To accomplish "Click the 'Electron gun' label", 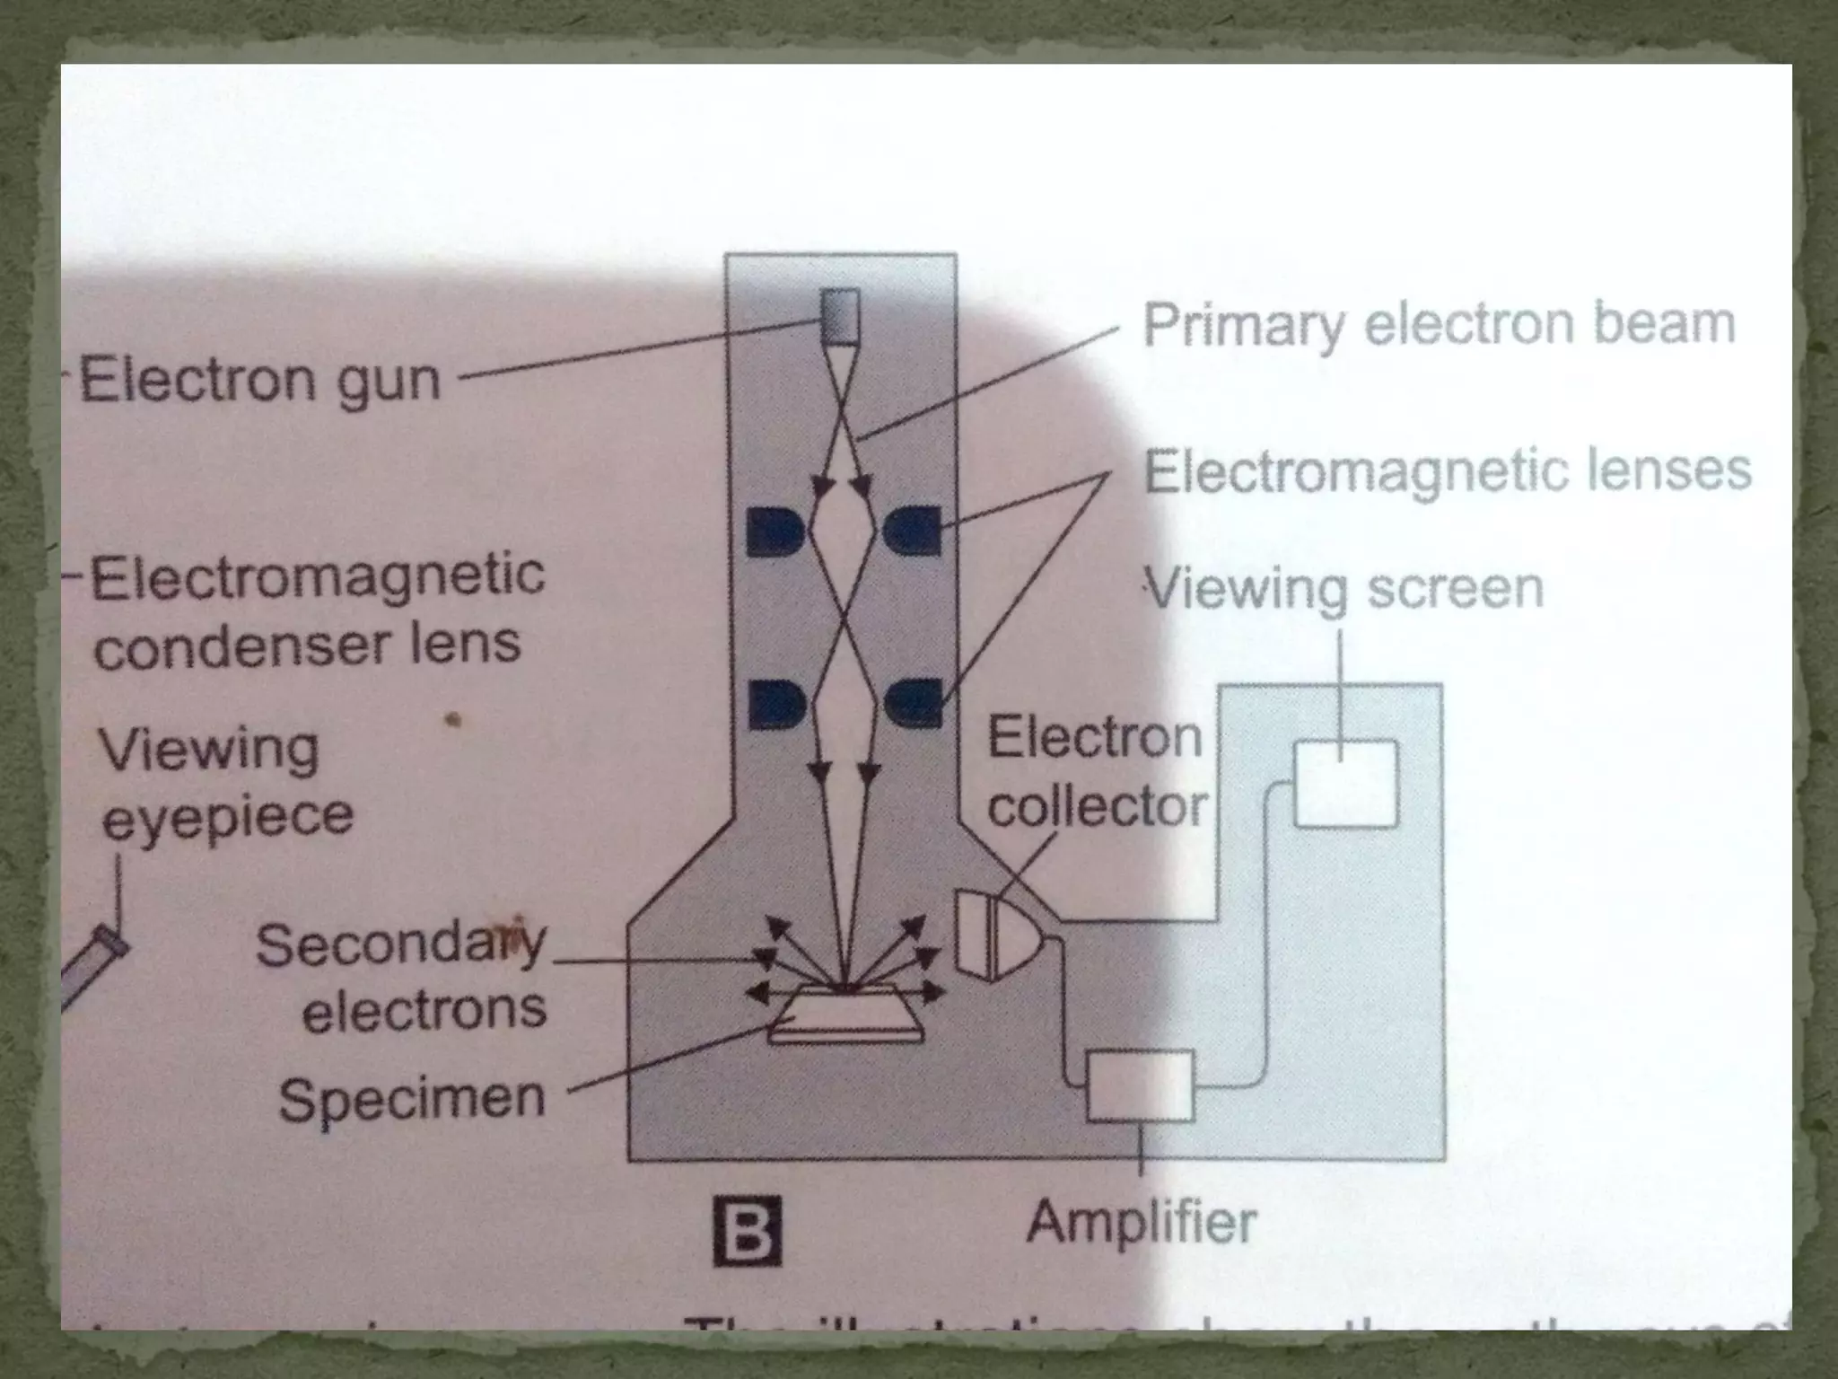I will click(x=260, y=381).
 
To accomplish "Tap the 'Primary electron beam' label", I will click(x=1439, y=325).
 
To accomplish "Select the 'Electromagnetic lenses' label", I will click(x=1447, y=470).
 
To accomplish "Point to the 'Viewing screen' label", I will click(x=1346, y=590).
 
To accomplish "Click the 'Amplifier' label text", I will click(x=1142, y=1223).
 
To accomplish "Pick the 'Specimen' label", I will click(x=412, y=1099).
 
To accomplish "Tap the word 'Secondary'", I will click(x=401, y=944).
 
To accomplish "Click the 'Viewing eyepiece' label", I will click(x=224, y=783).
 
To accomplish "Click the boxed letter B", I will click(x=747, y=1232).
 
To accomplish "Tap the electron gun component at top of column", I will click(x=840, y=317).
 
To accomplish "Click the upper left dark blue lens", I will click(x=776, y=531).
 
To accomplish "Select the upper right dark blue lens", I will click(x=913, y=531).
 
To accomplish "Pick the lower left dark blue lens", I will click(x=776, y=703).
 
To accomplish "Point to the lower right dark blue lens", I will click(x=914, y=703).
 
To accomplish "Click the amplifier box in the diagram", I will click(x=1140, y=1086).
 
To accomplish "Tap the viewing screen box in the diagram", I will click(x=1345, y=784).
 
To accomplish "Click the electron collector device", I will click(x=996, y=934).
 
